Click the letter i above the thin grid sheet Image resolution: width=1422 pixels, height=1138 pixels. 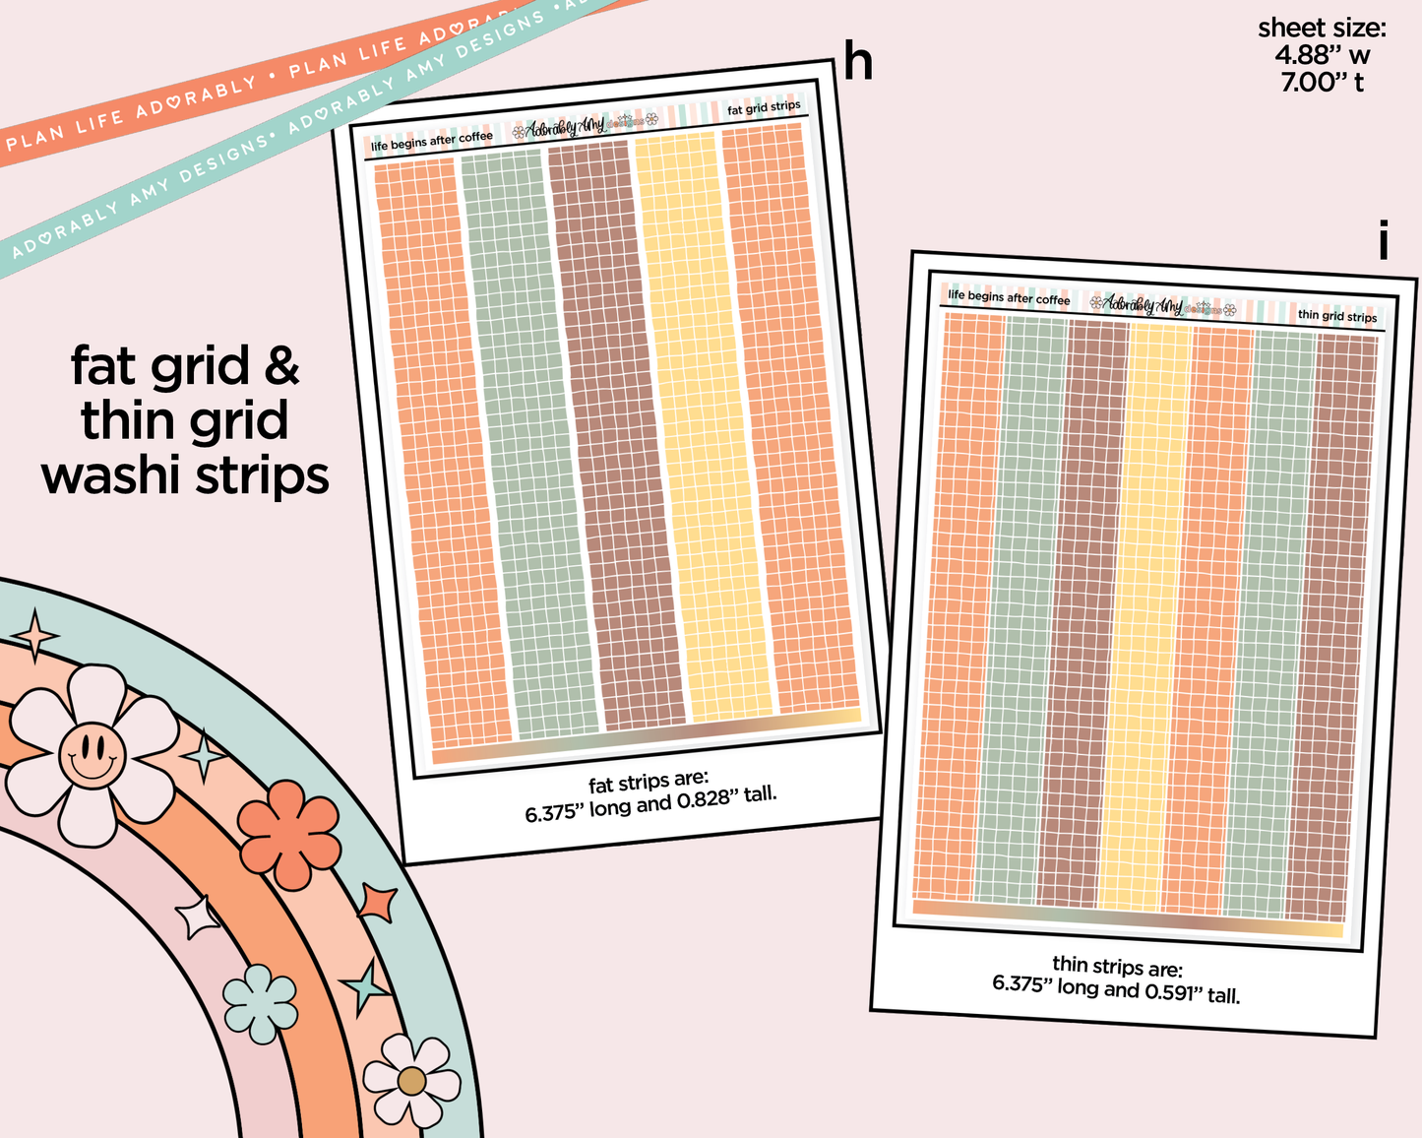(x=1383, y=239)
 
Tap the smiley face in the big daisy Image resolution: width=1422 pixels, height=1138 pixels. (x=92, y=755)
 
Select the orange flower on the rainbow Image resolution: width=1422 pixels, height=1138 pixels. (x=288, y=834)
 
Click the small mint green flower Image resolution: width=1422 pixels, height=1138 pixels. (x=259, y=1004)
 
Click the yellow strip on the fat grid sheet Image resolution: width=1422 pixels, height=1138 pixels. (x=703, y=426)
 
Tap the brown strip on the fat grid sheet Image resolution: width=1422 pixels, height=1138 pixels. (x=616, y=436)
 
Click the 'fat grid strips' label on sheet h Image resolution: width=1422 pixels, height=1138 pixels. (x=764, y=107)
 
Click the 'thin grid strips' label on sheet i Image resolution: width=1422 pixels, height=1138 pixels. (x=1336, y=315)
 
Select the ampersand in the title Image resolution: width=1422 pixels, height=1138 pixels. (x=281, y=365)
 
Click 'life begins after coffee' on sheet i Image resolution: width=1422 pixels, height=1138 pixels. (x=1009, y=297)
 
